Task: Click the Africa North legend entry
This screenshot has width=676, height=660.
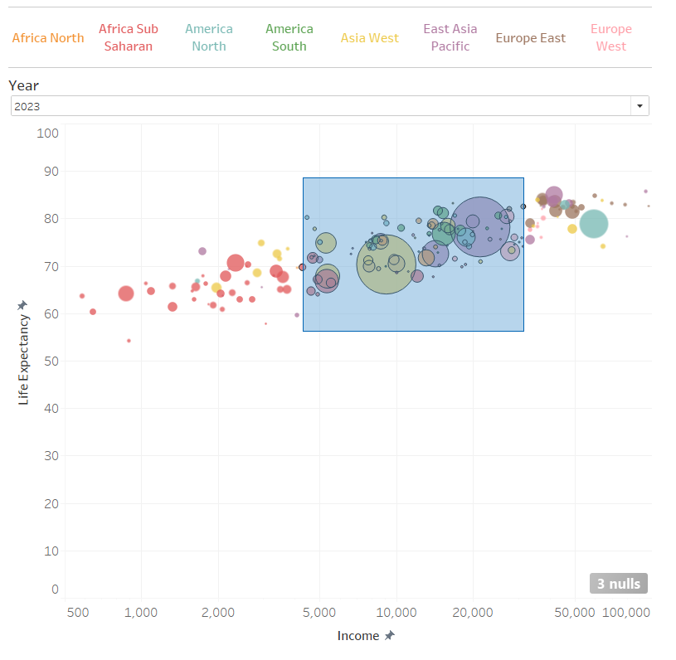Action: pos(48,37)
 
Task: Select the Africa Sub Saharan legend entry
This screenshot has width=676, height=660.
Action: pos(129,37)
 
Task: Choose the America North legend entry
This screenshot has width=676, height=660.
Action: pos(209,37)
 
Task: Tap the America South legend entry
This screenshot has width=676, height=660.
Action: pos(289,37)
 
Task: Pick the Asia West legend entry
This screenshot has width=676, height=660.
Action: pos(370,37)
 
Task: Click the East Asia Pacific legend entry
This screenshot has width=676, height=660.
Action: pos(450,37)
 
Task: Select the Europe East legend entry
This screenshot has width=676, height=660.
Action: pos(531,37)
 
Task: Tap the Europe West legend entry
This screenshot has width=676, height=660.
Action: pos(611,37)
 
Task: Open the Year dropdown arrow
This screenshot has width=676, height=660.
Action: pos(640,106)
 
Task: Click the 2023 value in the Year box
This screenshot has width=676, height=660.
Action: pos(27,106)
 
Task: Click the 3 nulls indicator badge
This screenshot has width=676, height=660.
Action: pos(619,584)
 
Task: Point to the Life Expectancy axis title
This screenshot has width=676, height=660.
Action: pos(23,352)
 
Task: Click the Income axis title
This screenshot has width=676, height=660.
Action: pos(365,636)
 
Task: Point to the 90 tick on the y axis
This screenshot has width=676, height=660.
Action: pos(50,172)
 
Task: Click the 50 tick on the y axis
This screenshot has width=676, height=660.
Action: pos(50,361)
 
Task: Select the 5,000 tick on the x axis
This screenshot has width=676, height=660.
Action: pos(319,612)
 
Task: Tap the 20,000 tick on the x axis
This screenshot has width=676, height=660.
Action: pos(474,612)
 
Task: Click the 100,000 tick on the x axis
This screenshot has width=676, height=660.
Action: pos(626,612)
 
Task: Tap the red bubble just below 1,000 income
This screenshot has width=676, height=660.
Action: pos(126,293)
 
